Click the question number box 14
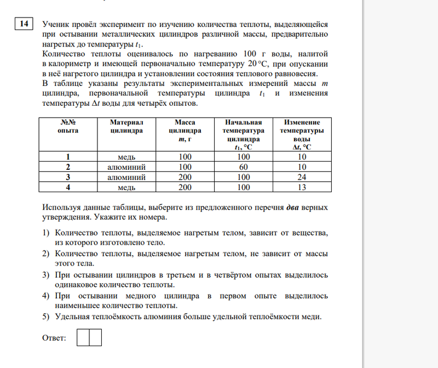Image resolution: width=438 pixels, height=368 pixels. pyautogui.click(x=23, y=24)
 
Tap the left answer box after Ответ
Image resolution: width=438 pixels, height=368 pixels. pyautogui.click(x=83, y=337)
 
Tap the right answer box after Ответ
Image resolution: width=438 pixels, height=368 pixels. pyautogui.click(x=95, y=337)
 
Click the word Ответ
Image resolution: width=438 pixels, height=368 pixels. pyautogui.click(x=54, y=338)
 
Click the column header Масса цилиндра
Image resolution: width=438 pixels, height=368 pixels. pyautogui.click(x=185, y=131)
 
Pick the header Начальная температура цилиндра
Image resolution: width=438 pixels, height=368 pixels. pyautogui.click(x=243, y=135)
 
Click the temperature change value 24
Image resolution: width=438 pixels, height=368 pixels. pyautogui.click(x=302, y=177)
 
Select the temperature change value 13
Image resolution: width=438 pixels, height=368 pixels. pyautogui.click(x=302, y=187)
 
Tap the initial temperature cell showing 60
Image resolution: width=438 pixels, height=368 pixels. pyautogui.click(x=243, y=167)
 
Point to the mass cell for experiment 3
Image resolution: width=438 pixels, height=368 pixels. pyautogui.click(x=185, y=177)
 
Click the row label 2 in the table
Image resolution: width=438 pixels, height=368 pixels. pyautogui.click(x=68, y=167)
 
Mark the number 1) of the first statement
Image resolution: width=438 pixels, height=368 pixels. pyautogui.click(x=47, y=233)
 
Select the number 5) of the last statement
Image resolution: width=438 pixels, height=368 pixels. pyautogui.click(x=47, y=317)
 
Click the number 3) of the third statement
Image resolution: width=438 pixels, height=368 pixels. pyautogui.click(x=47, y=275)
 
